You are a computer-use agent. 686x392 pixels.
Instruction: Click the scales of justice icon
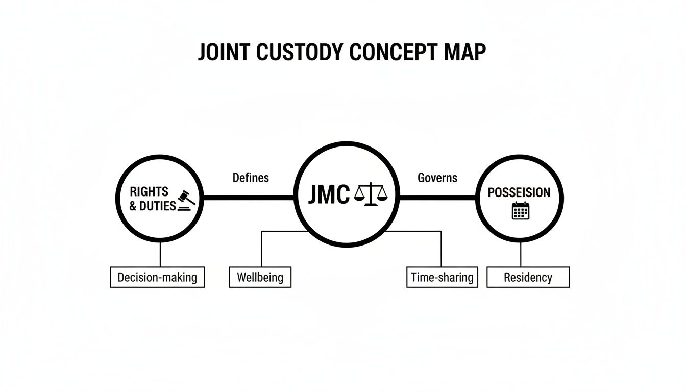[371, 194]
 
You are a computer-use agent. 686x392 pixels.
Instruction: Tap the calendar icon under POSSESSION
[521, 210]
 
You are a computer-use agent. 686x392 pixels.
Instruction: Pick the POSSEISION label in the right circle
[519, 192]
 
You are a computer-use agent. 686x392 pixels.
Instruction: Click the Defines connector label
[251, 178]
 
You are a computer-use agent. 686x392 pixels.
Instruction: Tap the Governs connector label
[437, 178]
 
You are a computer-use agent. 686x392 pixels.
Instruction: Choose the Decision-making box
[157, 277]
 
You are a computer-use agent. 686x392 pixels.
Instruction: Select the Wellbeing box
[260, 277]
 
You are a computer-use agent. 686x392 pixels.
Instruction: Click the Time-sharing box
[442, 277]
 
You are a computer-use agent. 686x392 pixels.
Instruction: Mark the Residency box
[528, 277]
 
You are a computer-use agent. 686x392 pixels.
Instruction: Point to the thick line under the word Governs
[437, 197]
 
